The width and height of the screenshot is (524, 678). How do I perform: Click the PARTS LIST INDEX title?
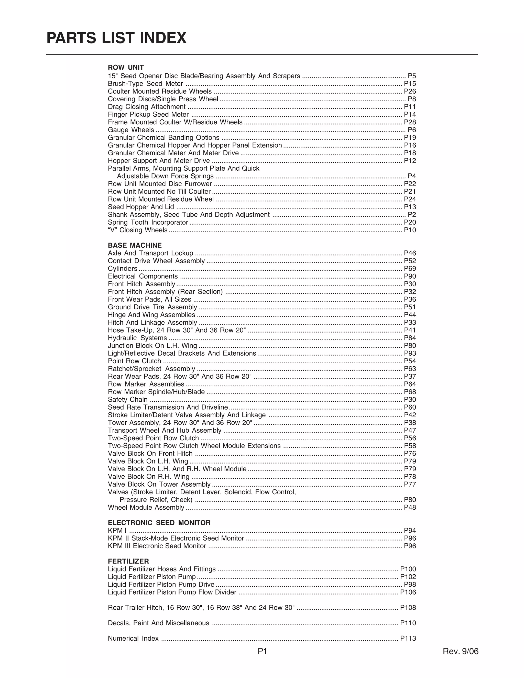pos(116,38)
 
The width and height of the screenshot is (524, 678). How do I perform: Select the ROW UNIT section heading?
pos(126,67)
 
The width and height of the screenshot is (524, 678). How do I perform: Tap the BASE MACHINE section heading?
pos(135,245)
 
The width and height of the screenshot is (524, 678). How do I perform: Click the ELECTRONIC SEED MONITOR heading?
pos(159,523)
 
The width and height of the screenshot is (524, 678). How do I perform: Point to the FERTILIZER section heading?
pos(128,561)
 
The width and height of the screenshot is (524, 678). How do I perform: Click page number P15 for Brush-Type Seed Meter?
pos(410,83)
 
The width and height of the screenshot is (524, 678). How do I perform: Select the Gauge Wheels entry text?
pos(131,130)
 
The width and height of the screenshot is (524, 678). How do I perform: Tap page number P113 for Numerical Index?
pos(408,639)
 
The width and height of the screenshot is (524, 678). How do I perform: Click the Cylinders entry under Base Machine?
pos(122,269)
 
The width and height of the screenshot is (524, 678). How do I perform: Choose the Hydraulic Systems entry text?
pos(137,338)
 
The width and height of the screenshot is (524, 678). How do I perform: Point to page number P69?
pos(410,269)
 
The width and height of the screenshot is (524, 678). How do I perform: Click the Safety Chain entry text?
pos(128,400)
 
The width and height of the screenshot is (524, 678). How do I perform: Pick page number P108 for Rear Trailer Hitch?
pos(408,608)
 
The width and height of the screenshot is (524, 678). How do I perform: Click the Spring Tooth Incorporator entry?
pos(148,222)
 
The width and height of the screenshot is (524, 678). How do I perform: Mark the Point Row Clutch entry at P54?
pos(134,361)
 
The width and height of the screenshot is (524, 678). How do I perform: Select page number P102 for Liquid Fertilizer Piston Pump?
pos(408,577)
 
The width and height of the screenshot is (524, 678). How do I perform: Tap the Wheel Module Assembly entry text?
pos(146,507)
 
